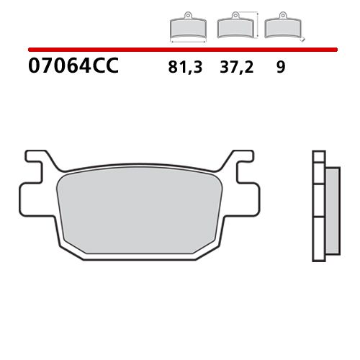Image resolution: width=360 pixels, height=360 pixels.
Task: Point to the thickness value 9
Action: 280,68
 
